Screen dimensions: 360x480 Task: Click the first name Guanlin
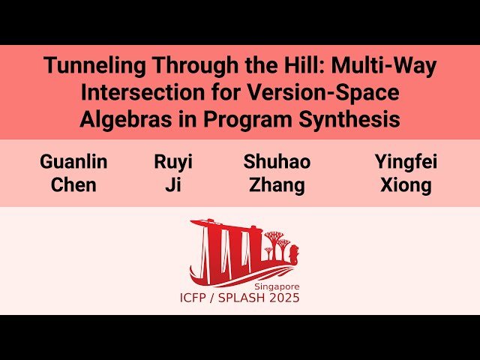73,162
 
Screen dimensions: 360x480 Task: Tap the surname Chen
73,185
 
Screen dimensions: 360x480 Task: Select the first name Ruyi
173,162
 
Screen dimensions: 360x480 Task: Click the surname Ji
173,185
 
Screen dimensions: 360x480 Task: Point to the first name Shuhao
277,162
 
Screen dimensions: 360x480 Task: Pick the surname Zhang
277,185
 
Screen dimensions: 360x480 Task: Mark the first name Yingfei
406,162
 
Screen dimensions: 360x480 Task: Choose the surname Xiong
406,185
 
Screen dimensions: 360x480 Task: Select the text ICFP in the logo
196,298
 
